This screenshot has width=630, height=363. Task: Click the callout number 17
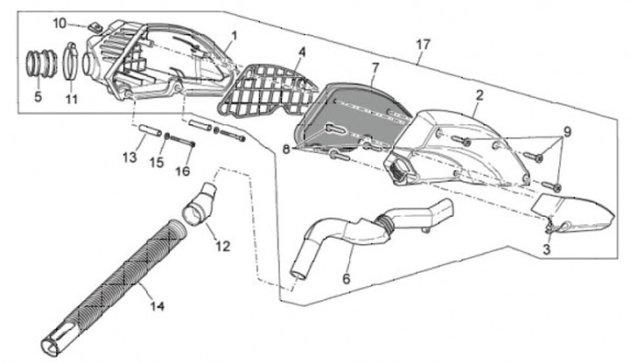pyautogui.click(x=423, y=44)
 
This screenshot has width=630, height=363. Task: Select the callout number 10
pyautogui.click(x=59, y=22)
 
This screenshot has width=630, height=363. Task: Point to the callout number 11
pyautogui.click(x=71, y=99)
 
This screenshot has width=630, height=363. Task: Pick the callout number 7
pyautogui.click(x=374, y=67)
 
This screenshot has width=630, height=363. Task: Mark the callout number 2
pyautogui.click(x=479, y=94)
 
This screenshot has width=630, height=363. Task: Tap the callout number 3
pyautogui.click(x=547, y=249)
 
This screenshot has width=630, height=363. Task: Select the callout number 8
pyautogui.click(x=285, y=150)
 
